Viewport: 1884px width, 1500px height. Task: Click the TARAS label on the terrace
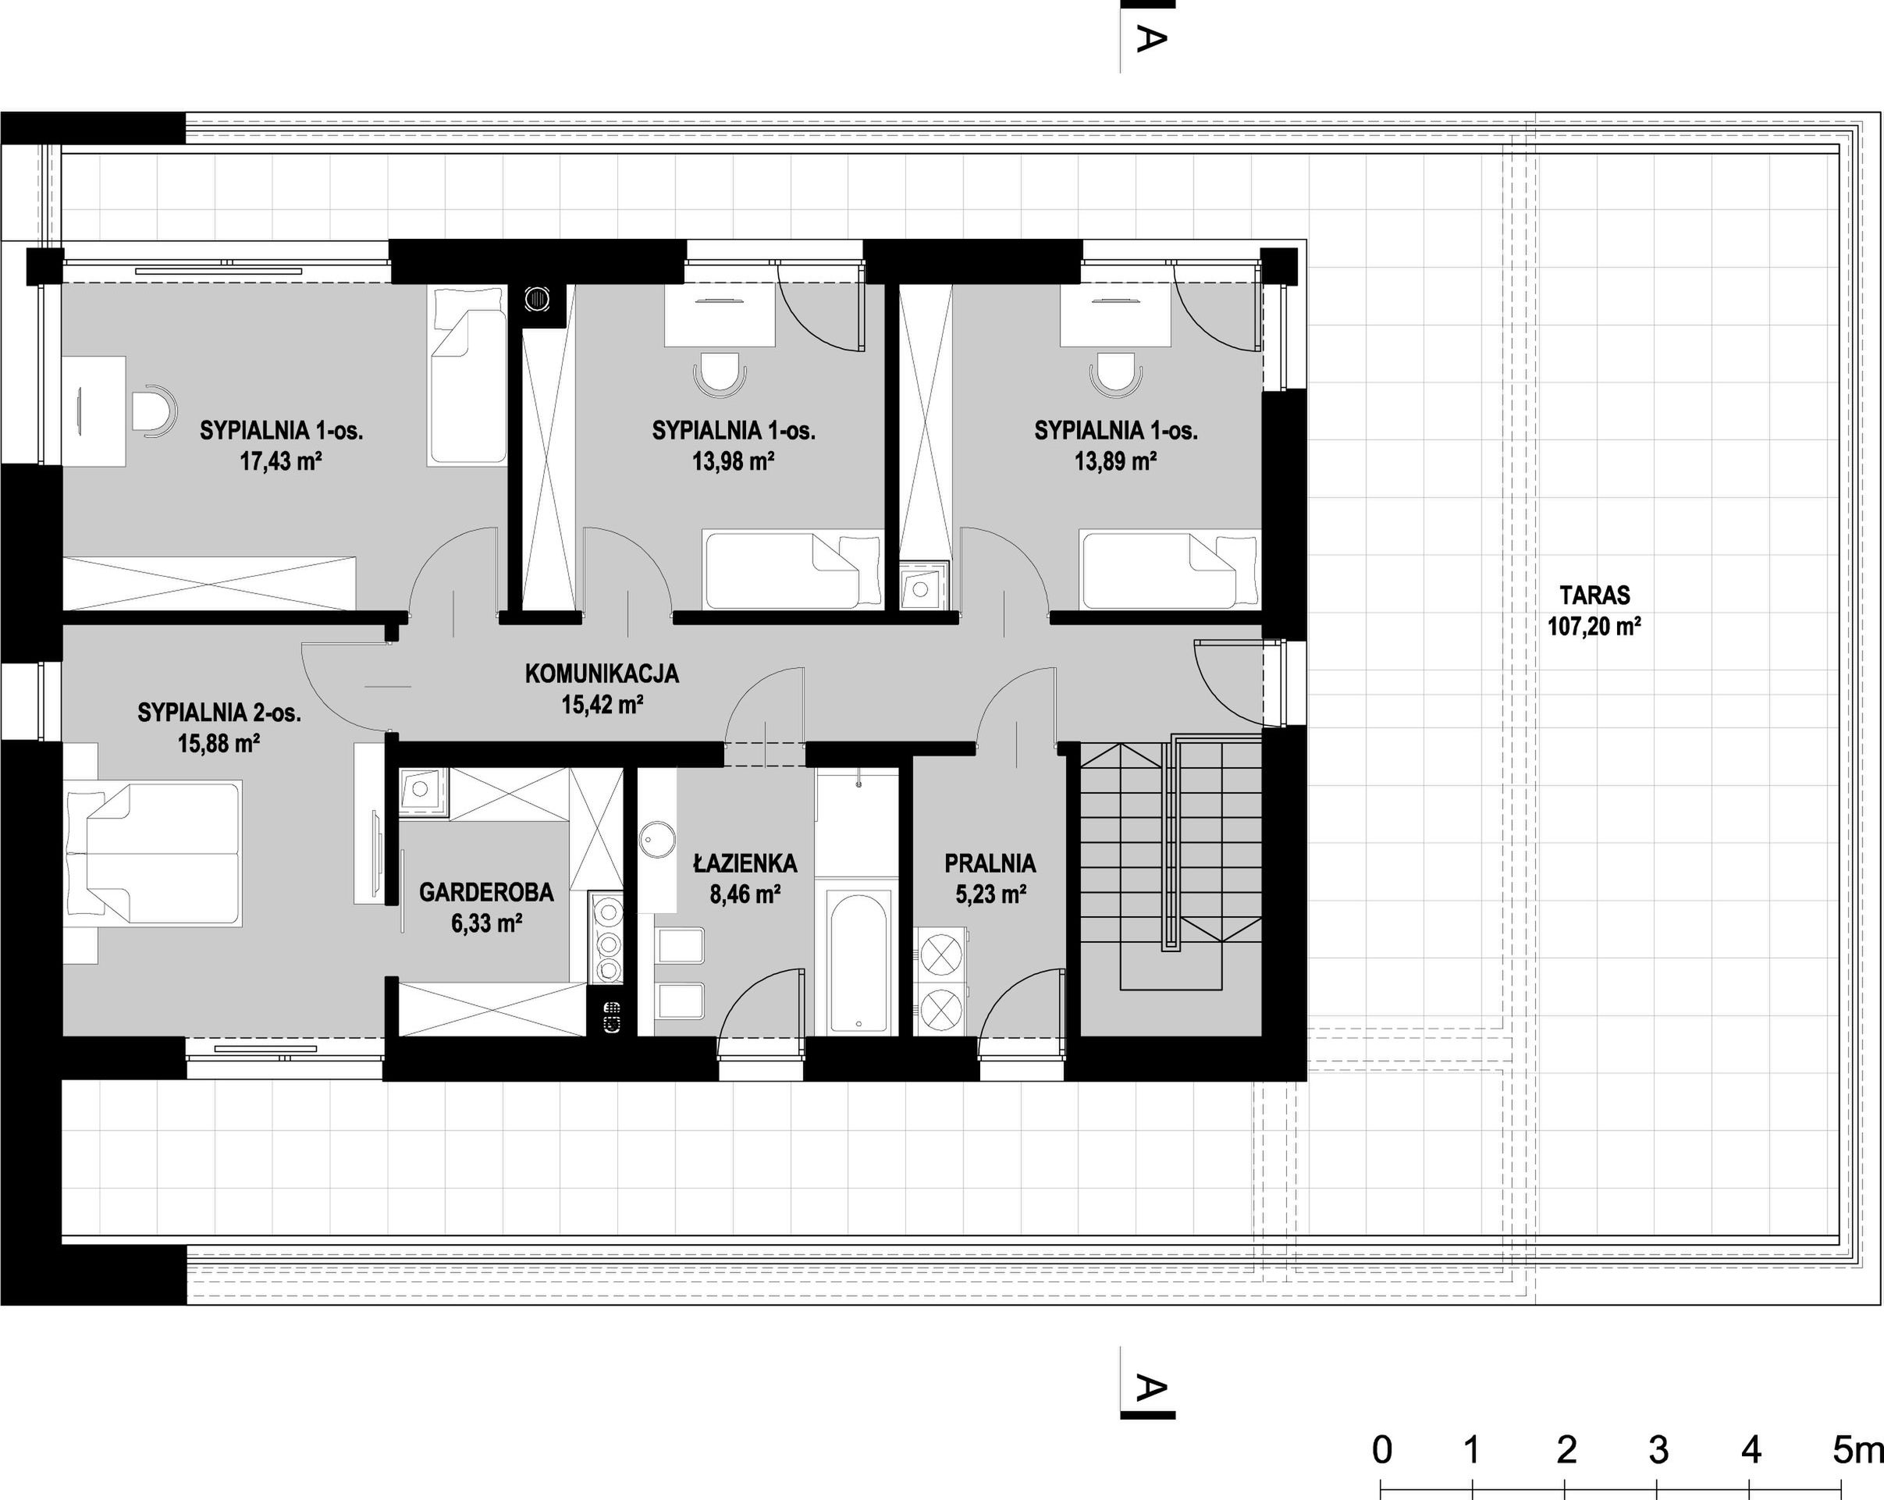point(1594,595)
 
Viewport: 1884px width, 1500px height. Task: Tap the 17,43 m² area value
point(282,461)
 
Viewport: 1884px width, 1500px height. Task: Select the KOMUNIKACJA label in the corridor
point(602,674)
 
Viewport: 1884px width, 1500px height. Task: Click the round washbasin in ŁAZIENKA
point(656,841)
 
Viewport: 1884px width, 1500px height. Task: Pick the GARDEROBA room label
point(486,892)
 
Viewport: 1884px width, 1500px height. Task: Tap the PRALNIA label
point(990,863)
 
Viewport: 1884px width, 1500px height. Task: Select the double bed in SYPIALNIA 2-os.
point(153,853)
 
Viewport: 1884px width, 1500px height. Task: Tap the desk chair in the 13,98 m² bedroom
point(720,374)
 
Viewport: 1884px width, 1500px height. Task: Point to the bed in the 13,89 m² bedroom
point(1170,569)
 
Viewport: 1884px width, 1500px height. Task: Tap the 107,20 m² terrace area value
point(1594,627)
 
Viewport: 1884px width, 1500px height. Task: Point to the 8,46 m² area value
point(745,894)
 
